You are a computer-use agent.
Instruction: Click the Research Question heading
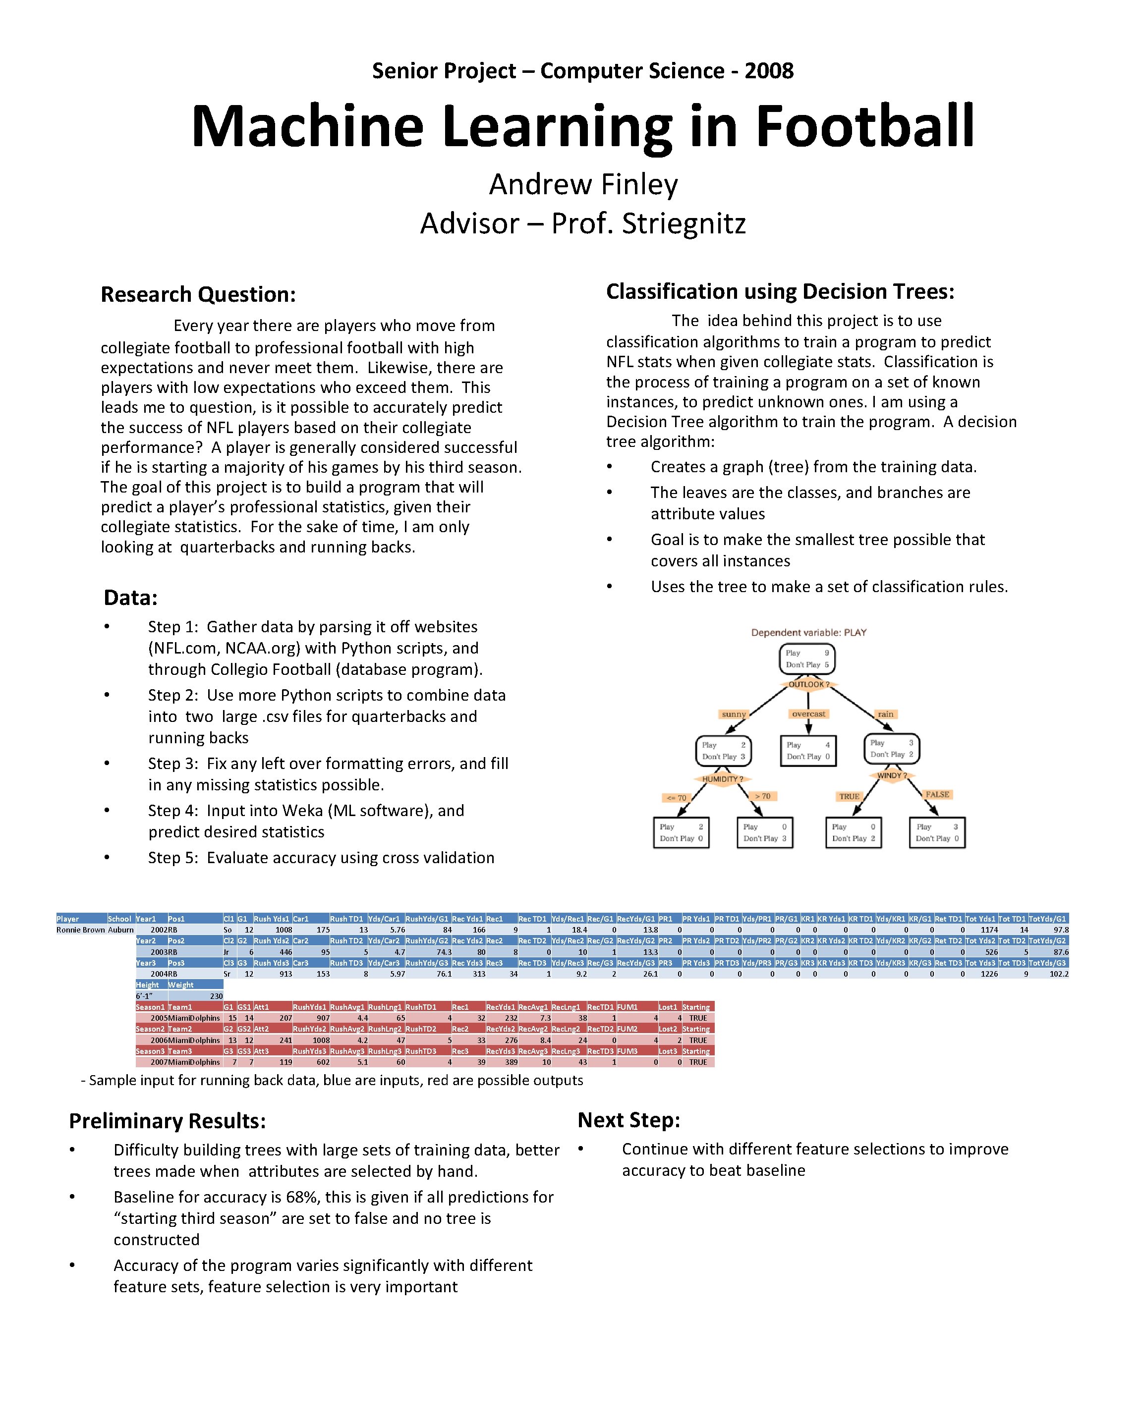pyautogui.click(x=198, y=294)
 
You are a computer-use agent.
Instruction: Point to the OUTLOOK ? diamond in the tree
pyautogui.click(x=808, y=684)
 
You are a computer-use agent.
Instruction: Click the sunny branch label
pyautogui.click(x=734, y=714)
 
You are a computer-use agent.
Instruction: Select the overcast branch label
pyautogui.click(x=808, y=714)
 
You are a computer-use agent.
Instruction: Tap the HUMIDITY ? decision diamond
pyautogui.click(x=722, y=779)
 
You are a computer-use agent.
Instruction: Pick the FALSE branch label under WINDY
pyautogui.click(x=937, y=794)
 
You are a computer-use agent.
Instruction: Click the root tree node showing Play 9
pyautogui.click(x=807, y=659)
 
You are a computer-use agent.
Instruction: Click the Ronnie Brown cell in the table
pyautogui.click(x=81, y=930)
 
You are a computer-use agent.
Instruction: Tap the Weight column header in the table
pyautogui.click(x=181, y=985)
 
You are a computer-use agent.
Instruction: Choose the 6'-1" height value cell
pyautogui.click(x=144, y=996)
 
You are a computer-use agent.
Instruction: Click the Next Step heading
pyautogui.click(x=628, y=1120)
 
